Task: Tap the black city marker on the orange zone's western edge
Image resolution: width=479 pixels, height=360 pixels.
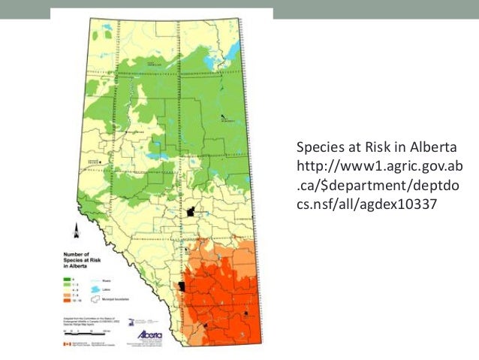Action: (x=182, y=286)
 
